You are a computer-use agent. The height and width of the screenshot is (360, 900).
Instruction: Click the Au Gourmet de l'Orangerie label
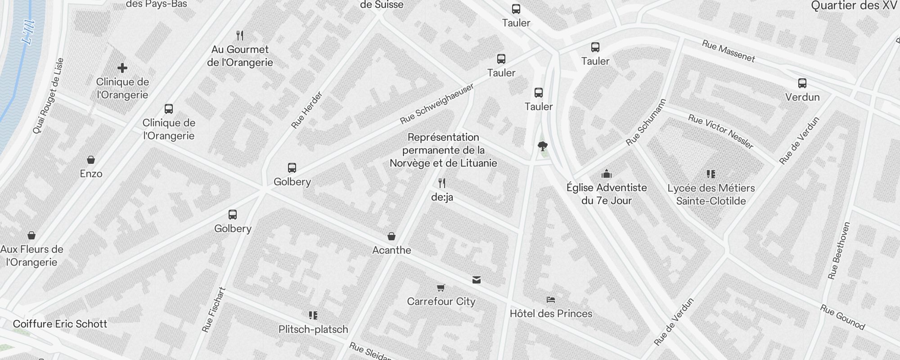point(240,56)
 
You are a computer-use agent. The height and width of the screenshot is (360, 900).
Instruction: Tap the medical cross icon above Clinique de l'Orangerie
point(122,68)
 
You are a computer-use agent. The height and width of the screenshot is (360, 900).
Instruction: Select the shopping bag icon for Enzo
point(91,160)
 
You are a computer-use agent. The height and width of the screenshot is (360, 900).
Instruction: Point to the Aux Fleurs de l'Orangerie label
point(32,256)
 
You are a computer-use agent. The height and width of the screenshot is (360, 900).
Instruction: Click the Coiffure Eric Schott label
point(60,324)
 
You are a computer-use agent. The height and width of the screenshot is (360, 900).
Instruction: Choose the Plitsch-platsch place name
point(313,329)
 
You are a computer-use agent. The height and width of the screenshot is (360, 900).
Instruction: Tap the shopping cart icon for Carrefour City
point(441,288)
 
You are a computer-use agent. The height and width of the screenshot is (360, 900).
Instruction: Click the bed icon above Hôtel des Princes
point(550,300)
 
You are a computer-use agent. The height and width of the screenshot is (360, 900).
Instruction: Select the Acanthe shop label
point(391,250)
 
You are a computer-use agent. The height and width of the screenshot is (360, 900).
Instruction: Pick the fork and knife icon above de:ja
point(442,183)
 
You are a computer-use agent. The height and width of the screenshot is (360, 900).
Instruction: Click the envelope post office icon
point(477,280)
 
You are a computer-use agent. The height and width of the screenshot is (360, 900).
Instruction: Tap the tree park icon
point(542,146)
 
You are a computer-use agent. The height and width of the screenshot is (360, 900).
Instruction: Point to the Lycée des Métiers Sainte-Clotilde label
point(711,194)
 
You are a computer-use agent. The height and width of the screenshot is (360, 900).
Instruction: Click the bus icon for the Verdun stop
point(802,83)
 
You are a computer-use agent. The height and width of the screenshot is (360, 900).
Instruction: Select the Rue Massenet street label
point(728,51)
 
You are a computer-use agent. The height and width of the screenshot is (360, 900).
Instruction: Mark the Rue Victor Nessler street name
point(720,131)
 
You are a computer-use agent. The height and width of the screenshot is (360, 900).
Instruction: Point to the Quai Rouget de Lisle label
point(48,96)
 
